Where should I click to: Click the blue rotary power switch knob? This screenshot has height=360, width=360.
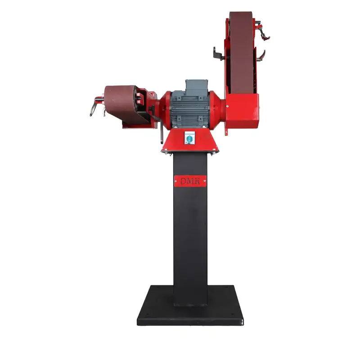189,139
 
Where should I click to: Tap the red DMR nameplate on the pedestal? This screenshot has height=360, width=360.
190,181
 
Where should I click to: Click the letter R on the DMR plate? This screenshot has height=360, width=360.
196,181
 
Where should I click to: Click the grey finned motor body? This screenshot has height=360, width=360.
189,110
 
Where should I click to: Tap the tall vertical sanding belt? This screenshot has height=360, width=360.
242,53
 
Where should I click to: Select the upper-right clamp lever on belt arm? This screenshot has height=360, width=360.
264,32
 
